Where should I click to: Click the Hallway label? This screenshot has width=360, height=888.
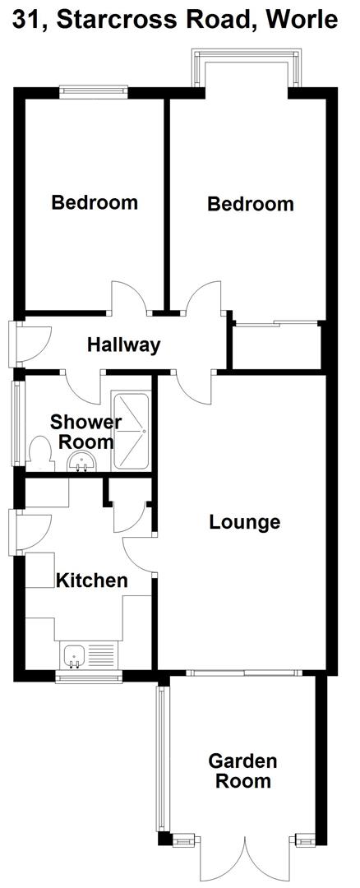pyautogui.click(x=123, y=345)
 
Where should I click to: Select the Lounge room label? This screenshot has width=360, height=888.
pyautogui.click(x=244, y=521)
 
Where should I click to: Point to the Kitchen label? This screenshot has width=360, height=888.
pyautogui.click(x=91, y=580)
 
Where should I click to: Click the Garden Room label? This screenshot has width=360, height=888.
pyautogui.click(x=242, y=770)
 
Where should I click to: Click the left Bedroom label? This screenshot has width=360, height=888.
pyautogui.click(x=95, y=202)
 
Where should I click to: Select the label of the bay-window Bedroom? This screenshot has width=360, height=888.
pyautogui.click(x=250, y=204)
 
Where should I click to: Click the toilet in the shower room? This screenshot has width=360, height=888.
pyautogui.click(x=39, y=453)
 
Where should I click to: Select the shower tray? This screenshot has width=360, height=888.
pyautogui.click(x=132, y=432)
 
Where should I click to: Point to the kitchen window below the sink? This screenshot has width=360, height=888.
pyautogui.click(x=89, y=678)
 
